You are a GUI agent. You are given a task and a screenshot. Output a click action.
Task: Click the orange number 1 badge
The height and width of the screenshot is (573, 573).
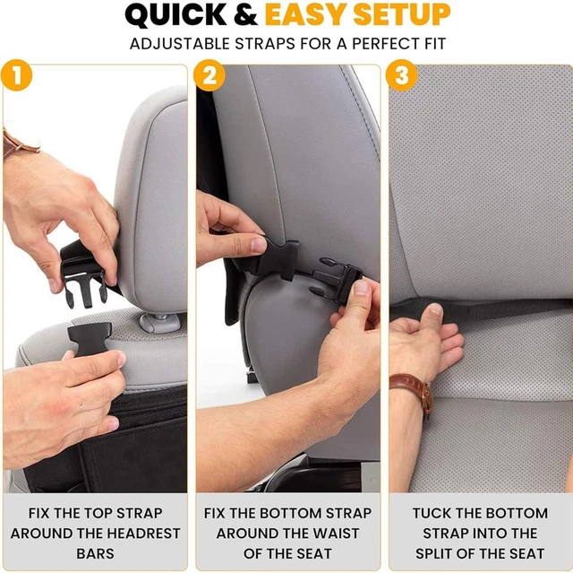pos(17,75)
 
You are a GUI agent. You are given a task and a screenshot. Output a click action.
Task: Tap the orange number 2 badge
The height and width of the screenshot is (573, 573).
pos(209,75)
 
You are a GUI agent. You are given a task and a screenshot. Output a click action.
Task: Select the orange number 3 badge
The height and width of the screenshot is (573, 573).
pos(402,75)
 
